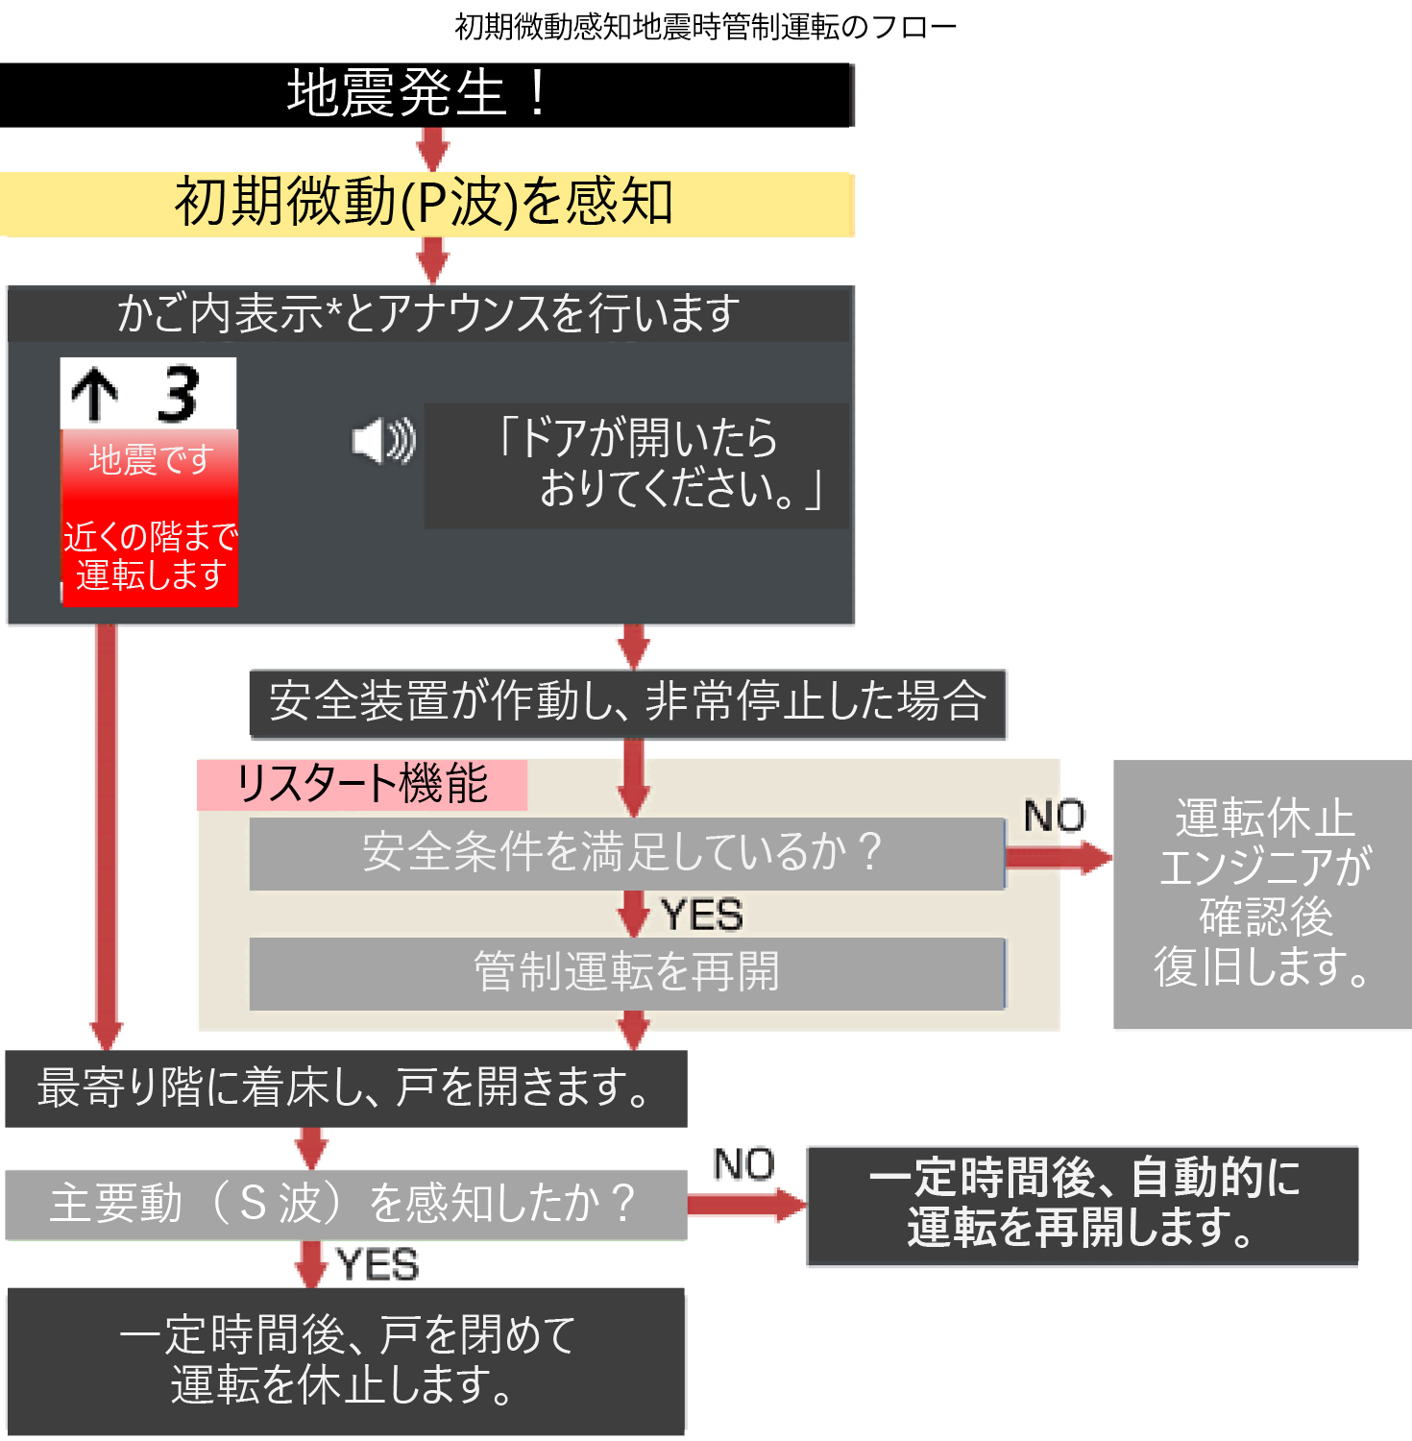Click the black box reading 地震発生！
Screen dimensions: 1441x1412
[426, 94]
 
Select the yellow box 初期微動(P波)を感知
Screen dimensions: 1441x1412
[426, 204]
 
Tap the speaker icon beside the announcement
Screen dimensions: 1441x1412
[383, 441]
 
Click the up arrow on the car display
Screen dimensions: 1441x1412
[94, 395]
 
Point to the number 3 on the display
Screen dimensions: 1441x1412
[179, 394]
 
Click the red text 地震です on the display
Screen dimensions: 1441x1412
[150, 460]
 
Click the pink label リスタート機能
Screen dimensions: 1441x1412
[362, 784]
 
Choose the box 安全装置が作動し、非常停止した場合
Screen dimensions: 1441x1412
[627, 702]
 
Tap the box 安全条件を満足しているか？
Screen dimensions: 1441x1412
[626, 853]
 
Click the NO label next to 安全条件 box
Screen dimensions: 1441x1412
[1054, 817]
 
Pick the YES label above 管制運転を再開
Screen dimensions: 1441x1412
[701, 915]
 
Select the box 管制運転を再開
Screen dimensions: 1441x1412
[626, 972]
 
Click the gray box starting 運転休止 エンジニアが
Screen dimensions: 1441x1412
[1262, 893]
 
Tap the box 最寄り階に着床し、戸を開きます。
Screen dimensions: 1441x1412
[346, 1087]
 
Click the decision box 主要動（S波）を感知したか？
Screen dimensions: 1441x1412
[346, 1204]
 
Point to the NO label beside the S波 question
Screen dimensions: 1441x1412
[743, 1164]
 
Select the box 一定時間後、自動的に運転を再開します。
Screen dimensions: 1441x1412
[1083, 1205]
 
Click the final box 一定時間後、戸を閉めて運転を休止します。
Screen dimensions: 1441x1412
[346, 1360]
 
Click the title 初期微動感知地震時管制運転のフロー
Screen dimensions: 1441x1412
[705, 26]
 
